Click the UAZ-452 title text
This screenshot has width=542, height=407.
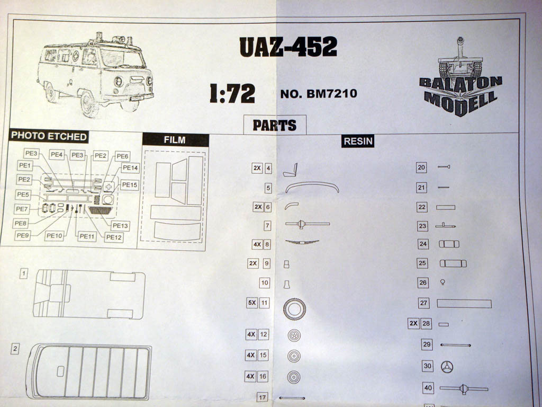[288, 47]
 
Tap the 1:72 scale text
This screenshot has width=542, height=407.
[232, 93]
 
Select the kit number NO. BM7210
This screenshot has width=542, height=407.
[319, 94]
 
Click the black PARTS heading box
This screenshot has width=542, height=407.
[274, 125]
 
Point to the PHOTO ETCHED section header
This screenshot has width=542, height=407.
[49, 136]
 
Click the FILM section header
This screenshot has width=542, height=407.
[175, 140]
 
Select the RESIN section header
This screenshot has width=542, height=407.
[358, 141]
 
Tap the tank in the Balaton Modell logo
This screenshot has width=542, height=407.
[460, 61]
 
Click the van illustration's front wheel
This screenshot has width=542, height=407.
[88, 103]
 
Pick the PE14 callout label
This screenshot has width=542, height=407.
[130, 168]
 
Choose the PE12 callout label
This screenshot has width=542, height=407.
[114, 237]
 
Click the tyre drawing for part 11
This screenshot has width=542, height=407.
[294, 309]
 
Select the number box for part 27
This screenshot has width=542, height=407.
[423, 303]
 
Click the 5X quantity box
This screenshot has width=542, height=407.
[252, 304]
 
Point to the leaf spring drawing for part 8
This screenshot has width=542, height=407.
[302, 242]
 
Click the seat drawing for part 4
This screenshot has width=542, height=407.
[291, 170]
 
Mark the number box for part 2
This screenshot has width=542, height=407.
[15, 349]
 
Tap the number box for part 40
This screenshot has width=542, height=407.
[428, 388]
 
